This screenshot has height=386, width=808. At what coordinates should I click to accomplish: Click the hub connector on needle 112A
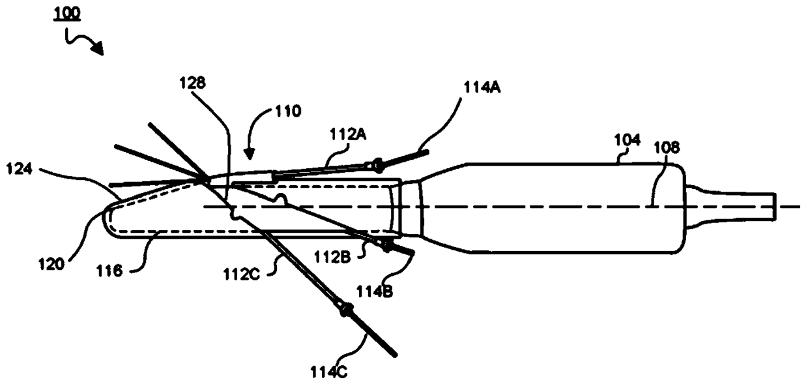376,166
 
